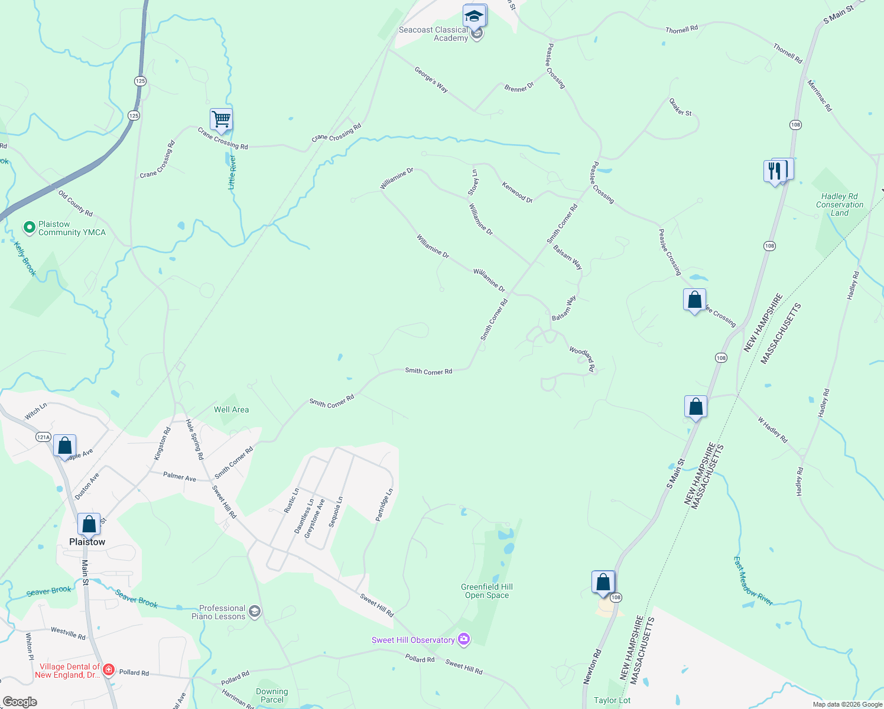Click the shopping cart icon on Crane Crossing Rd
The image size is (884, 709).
(x=221, y=119)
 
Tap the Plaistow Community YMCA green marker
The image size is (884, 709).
(x=29, y=227)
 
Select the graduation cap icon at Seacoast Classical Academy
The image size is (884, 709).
(x=474, y=16)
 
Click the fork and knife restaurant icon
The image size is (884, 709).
(x=775, y=171)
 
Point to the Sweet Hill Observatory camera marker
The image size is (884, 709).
(x=464, y=640)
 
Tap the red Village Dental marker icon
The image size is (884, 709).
(x=108, y=669)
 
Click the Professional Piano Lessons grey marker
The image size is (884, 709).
(x=255, y=612)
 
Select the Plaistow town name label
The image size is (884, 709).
(x=87, y=542)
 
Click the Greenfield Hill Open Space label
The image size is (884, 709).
(x=487, y=591)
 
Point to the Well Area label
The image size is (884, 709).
(x=231, y=409)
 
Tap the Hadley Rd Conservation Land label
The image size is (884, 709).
(x=839, y=204)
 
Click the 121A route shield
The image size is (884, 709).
(x=43, y=437)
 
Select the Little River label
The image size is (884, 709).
(x=232, y=172)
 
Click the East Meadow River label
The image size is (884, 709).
(x=753, y=580)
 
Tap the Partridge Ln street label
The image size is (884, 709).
(x=384, y=505)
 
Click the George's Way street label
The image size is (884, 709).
(x=431, y=80)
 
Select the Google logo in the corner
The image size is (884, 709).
(x=20, y=702)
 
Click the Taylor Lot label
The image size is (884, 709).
(x=612, y=700)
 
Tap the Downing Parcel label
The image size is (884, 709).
(x=272, y=695)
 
